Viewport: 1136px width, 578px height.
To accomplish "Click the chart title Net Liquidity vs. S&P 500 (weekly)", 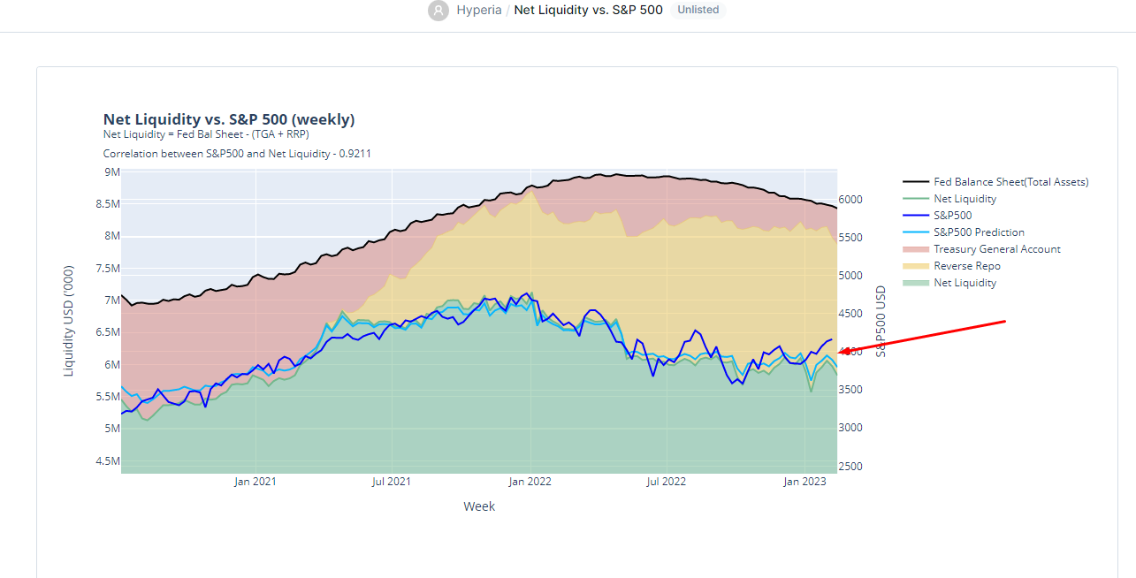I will [x=229, y=119].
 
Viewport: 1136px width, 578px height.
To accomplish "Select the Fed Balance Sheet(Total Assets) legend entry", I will [x=1010, y=182].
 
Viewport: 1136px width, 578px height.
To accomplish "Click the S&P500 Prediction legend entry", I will [x=979, y=232].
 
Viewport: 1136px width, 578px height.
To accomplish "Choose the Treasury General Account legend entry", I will [x=996, y=249].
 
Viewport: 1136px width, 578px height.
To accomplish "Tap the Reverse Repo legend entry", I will [x=966, y=266].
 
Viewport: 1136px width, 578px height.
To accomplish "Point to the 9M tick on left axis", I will [x=112, y=172].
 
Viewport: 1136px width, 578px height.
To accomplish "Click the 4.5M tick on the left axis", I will [x=107, y=460].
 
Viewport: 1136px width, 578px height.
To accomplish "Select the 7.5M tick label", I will [x=107, y=269].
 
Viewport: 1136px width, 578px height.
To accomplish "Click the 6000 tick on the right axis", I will [x=850, y=200].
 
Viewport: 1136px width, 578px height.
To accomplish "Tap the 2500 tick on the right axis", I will [x=850, y=467].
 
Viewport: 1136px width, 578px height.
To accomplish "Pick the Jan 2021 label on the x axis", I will [x=255, y=482].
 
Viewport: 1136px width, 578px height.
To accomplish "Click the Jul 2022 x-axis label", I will [x=666, y=482].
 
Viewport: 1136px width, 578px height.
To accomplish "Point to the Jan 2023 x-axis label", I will [x=804, y=482].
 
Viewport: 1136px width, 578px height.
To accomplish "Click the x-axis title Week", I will [x=479, y=506].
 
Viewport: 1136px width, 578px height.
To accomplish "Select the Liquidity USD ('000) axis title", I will [x=69, y=321].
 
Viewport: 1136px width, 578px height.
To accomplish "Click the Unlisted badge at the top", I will [x=698, y=10].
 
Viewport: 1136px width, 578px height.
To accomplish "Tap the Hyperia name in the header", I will [x=479, y=11].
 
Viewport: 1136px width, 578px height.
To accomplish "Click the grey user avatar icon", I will [x=438, y=11].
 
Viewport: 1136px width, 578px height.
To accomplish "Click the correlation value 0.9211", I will [x=352, y=154].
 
